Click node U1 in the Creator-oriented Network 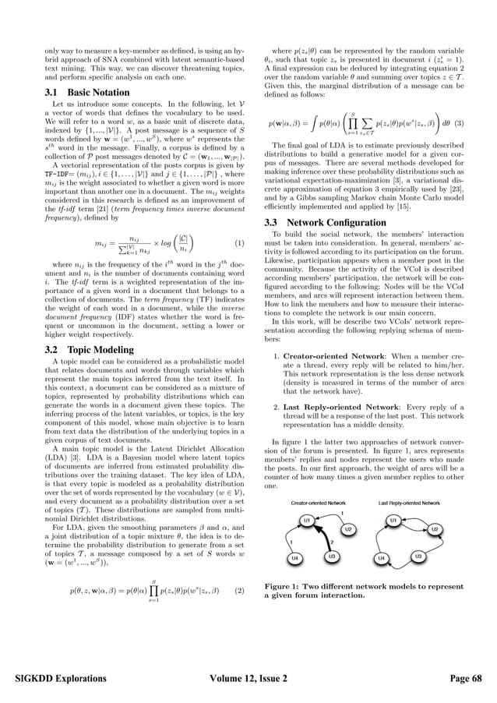[x=308, y=520]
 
